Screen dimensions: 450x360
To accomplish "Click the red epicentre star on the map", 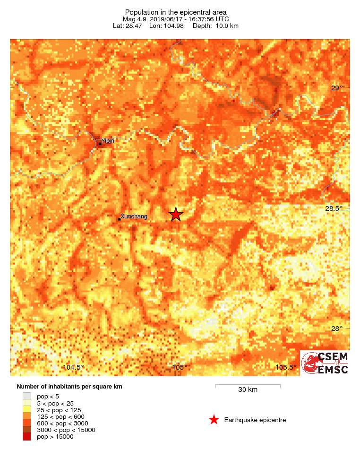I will (176, 215).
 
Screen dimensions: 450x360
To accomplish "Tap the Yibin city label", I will (108, 140).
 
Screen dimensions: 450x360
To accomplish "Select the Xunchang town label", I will (134, 216).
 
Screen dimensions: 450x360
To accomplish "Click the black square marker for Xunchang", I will (119, 219).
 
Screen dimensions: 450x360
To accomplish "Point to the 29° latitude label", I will (337, 88).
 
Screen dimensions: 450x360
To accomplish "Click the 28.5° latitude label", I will (337, 208).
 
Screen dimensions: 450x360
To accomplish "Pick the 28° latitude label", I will (337, 329).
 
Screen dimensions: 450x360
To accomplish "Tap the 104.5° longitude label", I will (74, 367).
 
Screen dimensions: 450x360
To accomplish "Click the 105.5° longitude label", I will (286, 367).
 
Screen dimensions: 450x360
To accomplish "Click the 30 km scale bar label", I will (248, 390).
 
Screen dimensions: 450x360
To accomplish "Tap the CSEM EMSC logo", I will (325, 363).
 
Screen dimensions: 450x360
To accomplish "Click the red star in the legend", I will (214, 420).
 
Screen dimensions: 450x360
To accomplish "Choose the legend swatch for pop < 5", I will (27, 396).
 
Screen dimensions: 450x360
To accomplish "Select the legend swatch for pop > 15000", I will (27, 437).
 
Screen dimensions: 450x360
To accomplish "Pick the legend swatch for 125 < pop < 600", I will (27, 416).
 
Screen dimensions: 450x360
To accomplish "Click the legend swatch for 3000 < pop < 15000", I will (27, 430).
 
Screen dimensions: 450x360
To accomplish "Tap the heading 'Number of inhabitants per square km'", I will (69, 387).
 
